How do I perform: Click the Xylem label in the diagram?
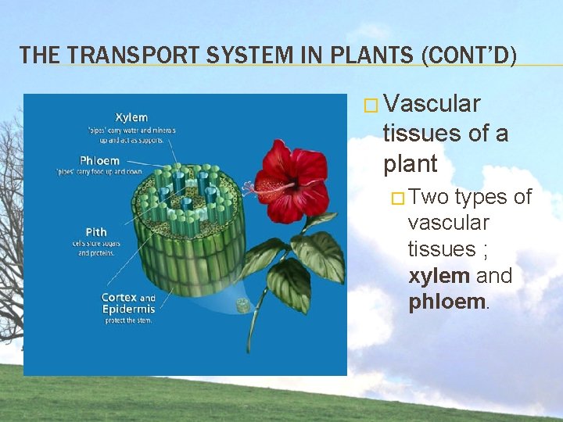(131, 118)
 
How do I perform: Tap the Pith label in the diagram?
(96, 232)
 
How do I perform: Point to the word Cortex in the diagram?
(120, 297)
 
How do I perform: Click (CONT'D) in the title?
(468, 55)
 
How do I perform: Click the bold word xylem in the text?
(439, 276)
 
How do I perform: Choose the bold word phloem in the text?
(446, 302)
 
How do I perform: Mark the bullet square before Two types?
(399, 198)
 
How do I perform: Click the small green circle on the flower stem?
(244, 305)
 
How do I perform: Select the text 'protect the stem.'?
(127, 320)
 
